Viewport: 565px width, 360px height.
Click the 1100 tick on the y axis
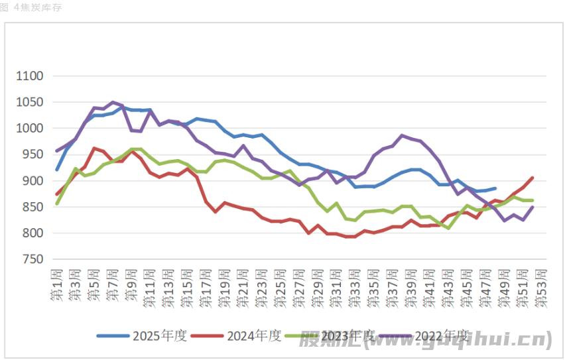30,76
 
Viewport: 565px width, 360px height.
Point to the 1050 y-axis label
30,102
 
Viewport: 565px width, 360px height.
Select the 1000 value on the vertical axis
30,129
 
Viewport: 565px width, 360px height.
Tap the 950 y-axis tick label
32,154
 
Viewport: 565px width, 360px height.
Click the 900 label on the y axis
32,181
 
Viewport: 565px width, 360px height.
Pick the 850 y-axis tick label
32,207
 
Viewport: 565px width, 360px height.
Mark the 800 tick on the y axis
32,233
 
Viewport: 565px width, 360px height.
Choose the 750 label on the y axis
32,259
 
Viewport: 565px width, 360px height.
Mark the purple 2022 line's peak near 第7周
113,102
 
